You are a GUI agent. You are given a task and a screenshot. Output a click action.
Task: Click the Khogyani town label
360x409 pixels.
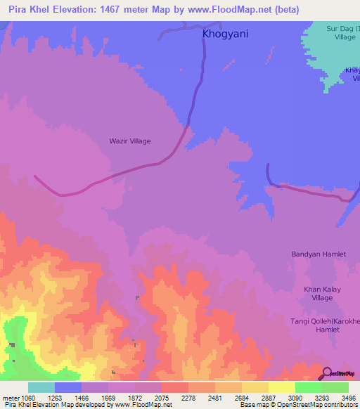[x=225, y=33]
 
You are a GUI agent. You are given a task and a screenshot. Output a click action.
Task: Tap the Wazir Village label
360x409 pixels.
[x=130, y=141]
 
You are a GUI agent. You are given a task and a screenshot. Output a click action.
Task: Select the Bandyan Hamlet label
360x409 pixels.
[x=320, y=254]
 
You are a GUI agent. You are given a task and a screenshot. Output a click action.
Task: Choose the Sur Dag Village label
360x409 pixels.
[x=341, y=32]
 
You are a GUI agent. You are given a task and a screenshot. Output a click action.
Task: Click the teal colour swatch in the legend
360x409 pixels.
[x=41, y=387]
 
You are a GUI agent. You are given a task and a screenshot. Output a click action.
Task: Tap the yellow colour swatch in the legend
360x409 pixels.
[x=282, y=387]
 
